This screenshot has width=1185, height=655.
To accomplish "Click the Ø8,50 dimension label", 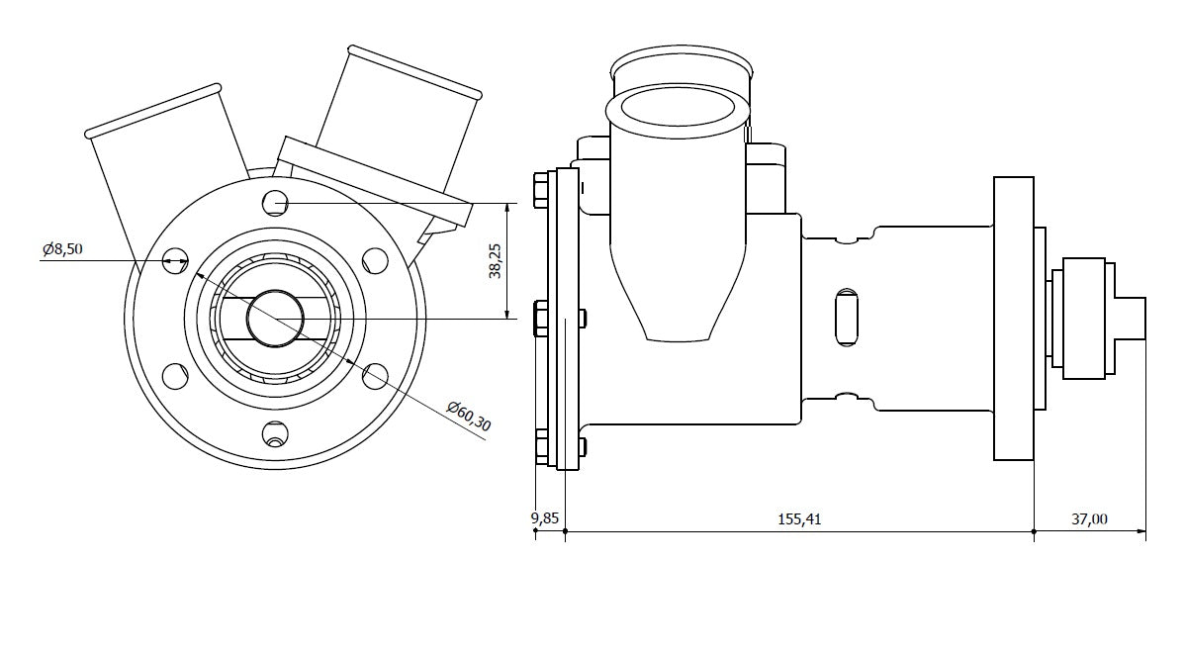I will click(x=61, y=249).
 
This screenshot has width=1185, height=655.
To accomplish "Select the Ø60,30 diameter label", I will click(x=469, y=417).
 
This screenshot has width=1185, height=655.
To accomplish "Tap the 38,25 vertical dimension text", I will click(x=497, y=262).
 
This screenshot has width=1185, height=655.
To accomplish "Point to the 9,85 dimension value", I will click(x=545, y=518).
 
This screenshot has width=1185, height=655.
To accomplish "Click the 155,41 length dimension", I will click(x=800, y=518).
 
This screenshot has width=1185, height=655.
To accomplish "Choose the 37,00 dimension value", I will click(x=1089, y=518).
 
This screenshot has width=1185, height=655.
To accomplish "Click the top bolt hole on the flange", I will click(x=275, y=203).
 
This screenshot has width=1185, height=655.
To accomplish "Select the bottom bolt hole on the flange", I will click(x=275, y=433).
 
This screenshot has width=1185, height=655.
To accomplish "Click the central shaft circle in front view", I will click(x=274, y=319).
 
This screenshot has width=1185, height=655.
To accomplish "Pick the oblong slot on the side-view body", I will click(x=847, y=318).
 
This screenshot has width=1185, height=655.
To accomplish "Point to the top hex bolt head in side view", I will click(x=539, y=190).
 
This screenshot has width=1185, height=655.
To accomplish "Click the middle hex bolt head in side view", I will click(x=539, y=319).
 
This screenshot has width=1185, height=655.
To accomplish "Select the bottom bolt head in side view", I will click(x=539, y=446).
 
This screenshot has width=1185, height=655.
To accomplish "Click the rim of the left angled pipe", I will click(x=153, y=110).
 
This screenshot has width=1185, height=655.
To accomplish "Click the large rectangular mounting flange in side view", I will click(x=1013, y=318).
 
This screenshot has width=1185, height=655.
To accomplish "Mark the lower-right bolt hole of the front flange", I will click(x=375, y=375).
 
